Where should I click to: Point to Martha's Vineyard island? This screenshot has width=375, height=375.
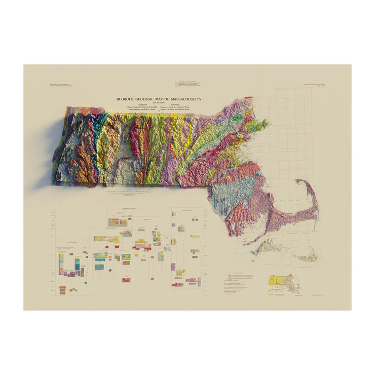tap(267, 247)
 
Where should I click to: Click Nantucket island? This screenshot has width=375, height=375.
tap(307, 257)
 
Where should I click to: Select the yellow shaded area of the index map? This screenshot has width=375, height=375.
tap(277, 280)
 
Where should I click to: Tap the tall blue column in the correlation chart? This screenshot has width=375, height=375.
tap(77, 264)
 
